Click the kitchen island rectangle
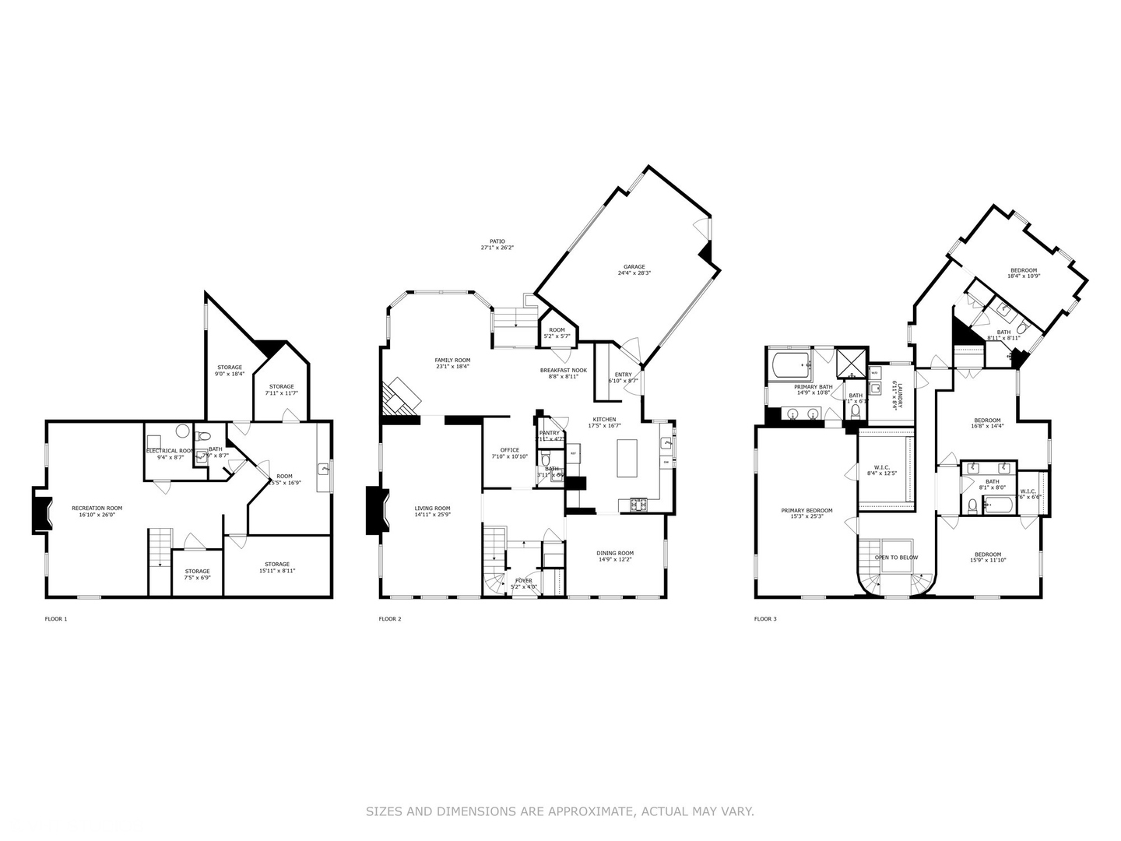(627, 458)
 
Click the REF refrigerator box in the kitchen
(573, 452)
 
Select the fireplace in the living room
(375, 511)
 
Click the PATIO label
(497, 242)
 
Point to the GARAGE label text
(634, 267)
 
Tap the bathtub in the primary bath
(790, 365)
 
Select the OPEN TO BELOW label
(896, 558)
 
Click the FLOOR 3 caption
(765, 619)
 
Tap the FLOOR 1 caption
(56, 619)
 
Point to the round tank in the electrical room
(183, 431)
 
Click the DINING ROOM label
(616, 554)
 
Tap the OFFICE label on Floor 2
(510, 450)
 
